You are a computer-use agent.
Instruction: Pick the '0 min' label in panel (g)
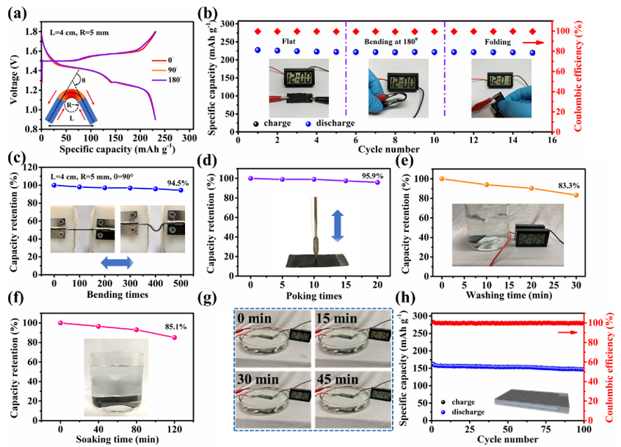pyautogui.click(x=255, y=302)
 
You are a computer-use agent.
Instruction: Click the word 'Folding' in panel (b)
pyautogui.click(x=496, y=44)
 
